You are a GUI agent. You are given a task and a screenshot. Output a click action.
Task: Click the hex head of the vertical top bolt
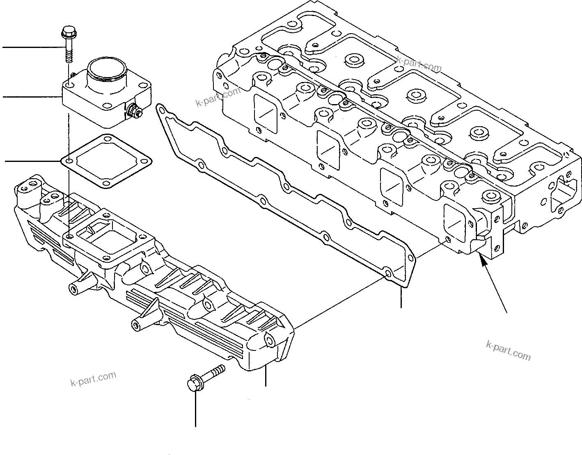[67, 31]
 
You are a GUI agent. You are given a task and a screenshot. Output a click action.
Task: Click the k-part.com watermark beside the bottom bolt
[94, 379]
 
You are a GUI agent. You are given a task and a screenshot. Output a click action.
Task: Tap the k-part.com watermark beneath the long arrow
[508, 350]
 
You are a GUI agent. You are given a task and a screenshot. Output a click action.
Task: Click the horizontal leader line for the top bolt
[33, 48]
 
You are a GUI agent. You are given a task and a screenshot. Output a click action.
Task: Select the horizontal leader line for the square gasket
[33, 161]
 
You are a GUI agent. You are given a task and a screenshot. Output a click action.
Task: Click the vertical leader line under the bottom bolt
[195, 410]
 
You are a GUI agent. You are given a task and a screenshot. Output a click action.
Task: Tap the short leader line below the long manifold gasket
[401, 297]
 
